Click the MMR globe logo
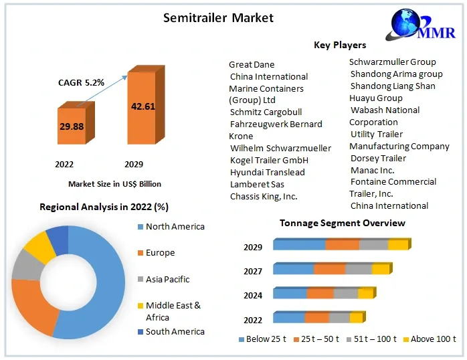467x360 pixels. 420,25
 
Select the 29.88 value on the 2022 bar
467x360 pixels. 72,126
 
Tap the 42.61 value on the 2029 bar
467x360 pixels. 143,106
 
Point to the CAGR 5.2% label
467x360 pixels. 81,82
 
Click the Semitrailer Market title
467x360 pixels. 218,18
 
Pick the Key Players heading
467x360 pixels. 340,45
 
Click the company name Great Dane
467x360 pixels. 252,65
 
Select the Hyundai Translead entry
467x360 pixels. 268,173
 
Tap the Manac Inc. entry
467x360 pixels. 372,171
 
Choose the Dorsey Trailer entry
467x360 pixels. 378,159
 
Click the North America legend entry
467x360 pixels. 171,227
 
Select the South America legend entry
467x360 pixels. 171,332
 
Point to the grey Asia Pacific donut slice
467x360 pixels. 27,265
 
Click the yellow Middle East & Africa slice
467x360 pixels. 39,247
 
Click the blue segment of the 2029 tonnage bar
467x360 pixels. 299,245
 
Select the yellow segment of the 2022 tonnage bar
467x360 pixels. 356,318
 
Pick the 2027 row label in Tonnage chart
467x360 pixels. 253,271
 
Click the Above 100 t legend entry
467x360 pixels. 430,339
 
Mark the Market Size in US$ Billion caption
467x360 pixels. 114,184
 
